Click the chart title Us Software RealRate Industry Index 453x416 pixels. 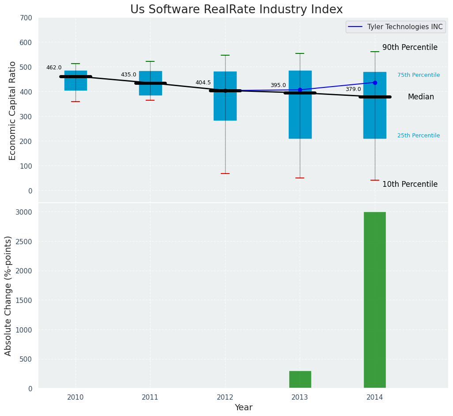pyautogui.click(x=236, y=10)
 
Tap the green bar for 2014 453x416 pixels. pyautogui.click(x=374, y=300)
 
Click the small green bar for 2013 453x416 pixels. pyautogui.click(x=300, y=379)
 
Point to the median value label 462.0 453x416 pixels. pyautogui.click(x=54, y=68)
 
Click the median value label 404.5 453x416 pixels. pyautogui.click(x=203, y=83)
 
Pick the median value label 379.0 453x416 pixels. pyautogui.click(x=353, y=89)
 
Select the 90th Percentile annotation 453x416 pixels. pyautogui.click(x=410, y=47)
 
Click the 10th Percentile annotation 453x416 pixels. pyautogui.click(x=410, y=184)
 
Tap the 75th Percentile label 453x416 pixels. pyautogui.click(x=418, y=75)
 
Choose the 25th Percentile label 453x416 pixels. pyautogui.click(x=418, y=136)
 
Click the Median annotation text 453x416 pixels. pyautogui.click(x=420, y=97)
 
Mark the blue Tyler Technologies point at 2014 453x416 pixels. pyautogui.click(x=375, y=83)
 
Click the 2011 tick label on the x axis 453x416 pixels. pyautogui.click(x=150, y=397)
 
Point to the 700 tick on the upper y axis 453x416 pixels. pyautogui.click(x=26, y=18)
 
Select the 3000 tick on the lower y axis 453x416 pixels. pyautogui.click(x=24, y=212)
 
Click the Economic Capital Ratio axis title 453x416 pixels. pyautogui.click(x=12, y=110)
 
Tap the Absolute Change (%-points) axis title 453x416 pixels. pyautogui.click(x=8, y=295)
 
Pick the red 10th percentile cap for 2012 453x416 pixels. pyautogui.click(x=225, y=174)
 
